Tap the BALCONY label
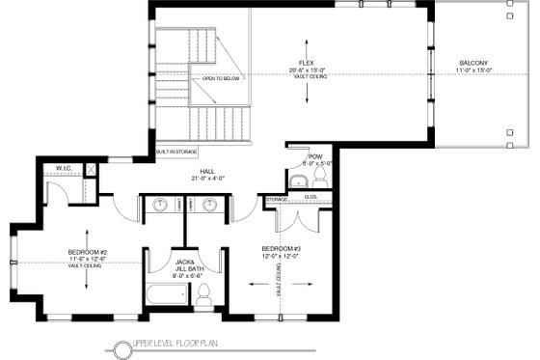click(x=472, y=65)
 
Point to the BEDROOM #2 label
click(x=86, y=252)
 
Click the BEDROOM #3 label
click(x=281, y=248)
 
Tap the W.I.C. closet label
click(x=65, y=168)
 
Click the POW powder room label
click(x=314, y=156)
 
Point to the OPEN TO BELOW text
click(x=220, y=78)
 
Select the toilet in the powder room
click(x=320, y=180)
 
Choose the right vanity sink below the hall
click(x=206, y=206)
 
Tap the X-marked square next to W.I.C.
click(x=90, y=169)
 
